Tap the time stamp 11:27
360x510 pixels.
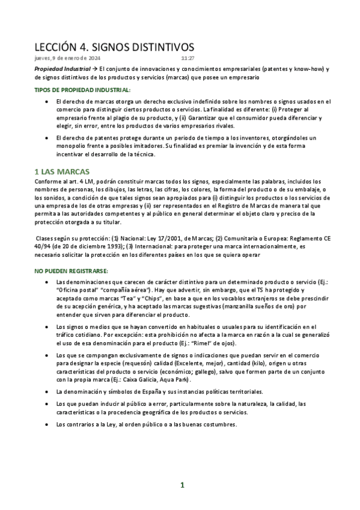(x=188, y=58)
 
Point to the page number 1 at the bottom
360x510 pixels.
(x=182, y=485)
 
